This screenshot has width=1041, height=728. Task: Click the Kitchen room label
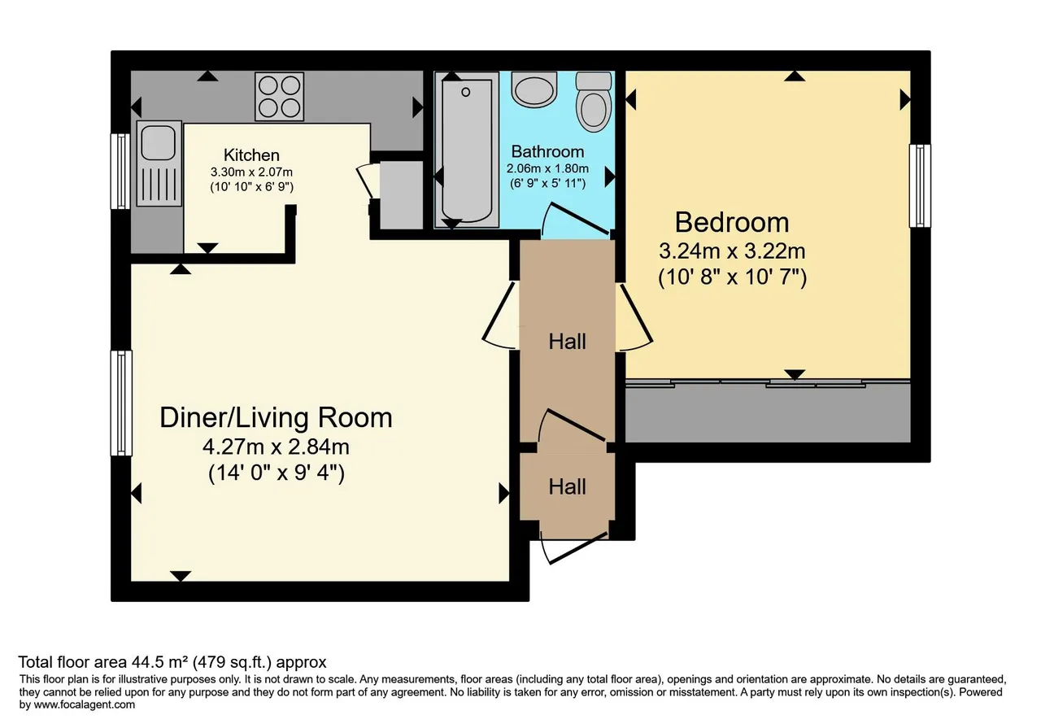click(x=251, y=155)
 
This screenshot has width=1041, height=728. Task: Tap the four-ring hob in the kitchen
click(x=279, y=96)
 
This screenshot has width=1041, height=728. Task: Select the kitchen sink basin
click(x=158, y=142)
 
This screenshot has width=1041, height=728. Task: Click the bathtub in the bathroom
click(x=467, y=149)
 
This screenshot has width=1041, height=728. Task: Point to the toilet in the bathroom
click(x=594, y=102)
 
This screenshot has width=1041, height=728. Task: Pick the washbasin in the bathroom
click(x=534, y=89)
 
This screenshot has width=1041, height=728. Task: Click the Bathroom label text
click(x=547, y=151)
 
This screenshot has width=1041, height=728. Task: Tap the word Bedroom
click(x=732, y=222)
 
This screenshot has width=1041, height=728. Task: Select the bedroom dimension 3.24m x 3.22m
click(x=732, y=251)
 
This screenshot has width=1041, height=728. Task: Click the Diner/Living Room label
click(x=276, y=417)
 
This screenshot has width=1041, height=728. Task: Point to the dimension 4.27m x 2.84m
click(x=276, y=447)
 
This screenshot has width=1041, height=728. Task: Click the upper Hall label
click(x=567, y=341)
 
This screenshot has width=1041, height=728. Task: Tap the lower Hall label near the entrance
click(x=567, y=486)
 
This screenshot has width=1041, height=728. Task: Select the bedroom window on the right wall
click(x=920, y=186)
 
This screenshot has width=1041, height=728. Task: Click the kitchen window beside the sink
click(x=120, y=172)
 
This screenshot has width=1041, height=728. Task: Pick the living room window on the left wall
click(x=121, y=403)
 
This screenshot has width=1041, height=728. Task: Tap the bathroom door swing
click(x=575, y=219)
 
